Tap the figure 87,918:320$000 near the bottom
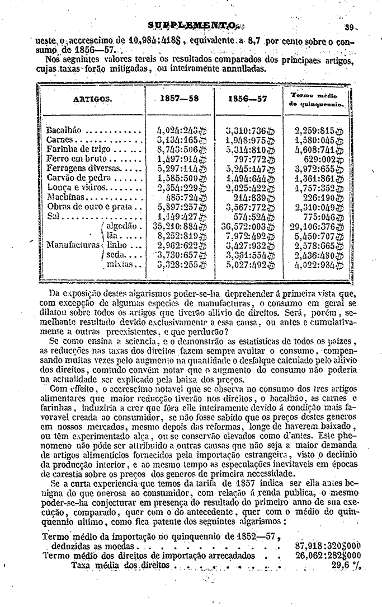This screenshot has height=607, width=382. pyautogui.click(x=328, y=545)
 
